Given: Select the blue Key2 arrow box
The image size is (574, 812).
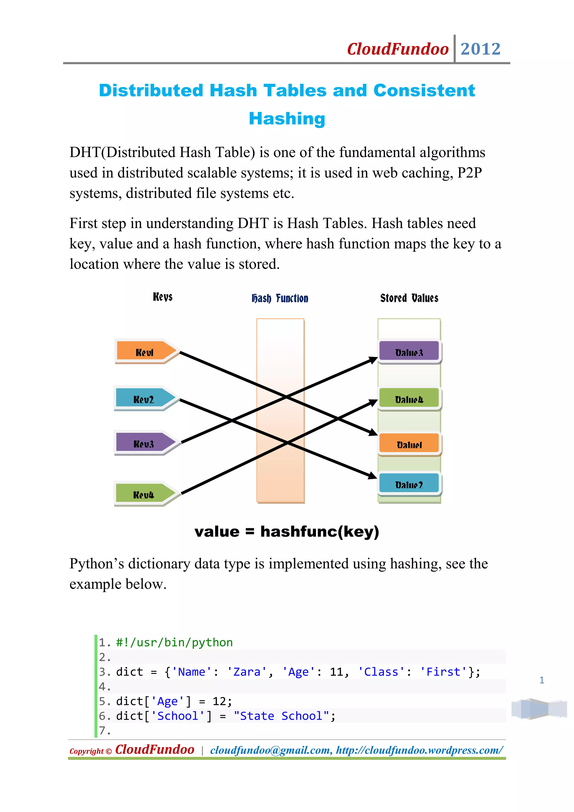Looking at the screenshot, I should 144,399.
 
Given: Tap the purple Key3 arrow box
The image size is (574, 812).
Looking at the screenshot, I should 144,443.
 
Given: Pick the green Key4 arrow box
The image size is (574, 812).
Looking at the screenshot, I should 144,494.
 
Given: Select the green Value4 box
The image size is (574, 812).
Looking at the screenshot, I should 409,399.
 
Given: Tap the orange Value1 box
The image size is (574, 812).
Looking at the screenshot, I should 409,444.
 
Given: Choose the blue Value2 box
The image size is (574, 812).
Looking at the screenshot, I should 409,484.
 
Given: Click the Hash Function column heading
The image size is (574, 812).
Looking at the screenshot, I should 280,298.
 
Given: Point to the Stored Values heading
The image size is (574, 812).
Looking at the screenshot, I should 409,298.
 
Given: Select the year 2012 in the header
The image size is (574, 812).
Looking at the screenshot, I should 480,49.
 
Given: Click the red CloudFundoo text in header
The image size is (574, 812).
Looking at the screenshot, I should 398,49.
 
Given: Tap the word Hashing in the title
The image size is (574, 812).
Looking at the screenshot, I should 287,119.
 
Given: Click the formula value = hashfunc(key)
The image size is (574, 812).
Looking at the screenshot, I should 287,532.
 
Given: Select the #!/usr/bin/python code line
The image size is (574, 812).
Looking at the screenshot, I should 174,642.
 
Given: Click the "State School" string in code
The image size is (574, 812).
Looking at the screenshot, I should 281,716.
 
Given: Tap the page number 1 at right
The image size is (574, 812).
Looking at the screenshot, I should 541,680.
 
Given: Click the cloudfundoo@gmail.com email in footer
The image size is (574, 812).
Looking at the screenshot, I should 270,750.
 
